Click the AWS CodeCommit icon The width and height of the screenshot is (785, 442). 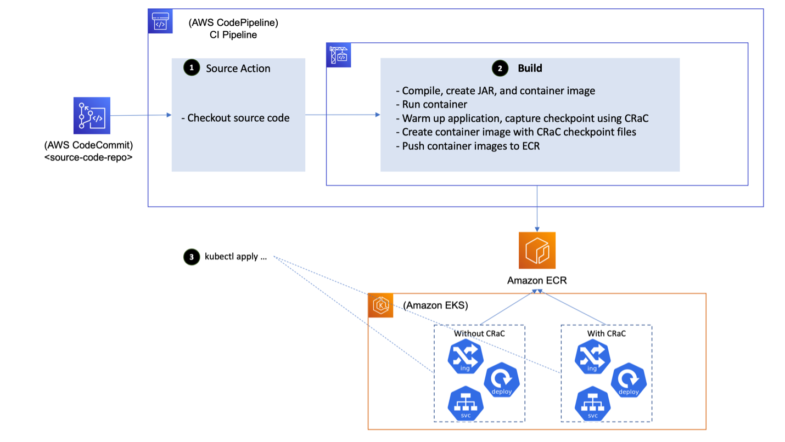point(92,116)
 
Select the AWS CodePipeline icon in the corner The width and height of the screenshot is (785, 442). point(160,21)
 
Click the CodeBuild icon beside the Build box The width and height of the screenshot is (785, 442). point(339,55)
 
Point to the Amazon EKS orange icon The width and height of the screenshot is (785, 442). point(380,305)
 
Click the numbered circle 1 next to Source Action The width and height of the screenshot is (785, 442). point(192,68)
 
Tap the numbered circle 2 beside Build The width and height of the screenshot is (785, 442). point(500,69)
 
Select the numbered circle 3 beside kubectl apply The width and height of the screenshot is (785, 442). point(192,257)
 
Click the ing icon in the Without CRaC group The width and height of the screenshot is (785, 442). point(465,357)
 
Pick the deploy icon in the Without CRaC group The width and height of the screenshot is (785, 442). point(501,380)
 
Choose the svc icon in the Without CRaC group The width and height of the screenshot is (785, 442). point(465,404)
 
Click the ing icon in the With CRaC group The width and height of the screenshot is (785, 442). point(592,357)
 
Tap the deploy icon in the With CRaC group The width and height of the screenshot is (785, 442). point(628,380)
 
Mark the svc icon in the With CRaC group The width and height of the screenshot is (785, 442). point(592,404)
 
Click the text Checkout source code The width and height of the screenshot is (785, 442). point(238,118)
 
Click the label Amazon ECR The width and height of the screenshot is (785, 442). point(536,280)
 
